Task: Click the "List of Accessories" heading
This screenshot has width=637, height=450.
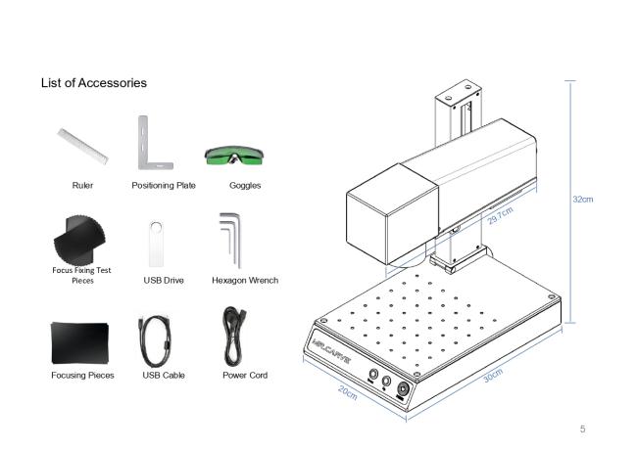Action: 94,83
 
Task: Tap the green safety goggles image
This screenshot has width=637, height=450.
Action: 234,156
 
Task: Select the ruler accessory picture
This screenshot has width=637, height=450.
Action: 83,147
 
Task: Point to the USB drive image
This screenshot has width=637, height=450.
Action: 156,244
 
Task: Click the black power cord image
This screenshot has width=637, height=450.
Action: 233,337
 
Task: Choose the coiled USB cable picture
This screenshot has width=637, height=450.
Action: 155,340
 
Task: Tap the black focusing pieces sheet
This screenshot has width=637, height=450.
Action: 80,343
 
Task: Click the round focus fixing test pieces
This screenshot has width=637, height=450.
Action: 79,240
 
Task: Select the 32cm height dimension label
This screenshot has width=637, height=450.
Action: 582,199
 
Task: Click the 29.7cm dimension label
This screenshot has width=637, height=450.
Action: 501,215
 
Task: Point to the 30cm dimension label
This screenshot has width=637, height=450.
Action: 493,376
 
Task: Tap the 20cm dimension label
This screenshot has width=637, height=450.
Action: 348,392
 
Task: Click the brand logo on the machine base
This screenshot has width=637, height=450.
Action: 331,350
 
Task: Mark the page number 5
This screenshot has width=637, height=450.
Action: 582,428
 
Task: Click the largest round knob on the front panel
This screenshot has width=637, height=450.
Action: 403,389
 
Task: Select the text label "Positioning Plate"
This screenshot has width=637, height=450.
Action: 164,185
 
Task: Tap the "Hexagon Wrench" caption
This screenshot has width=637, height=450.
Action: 245,280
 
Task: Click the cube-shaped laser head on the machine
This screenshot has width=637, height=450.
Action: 392,214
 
